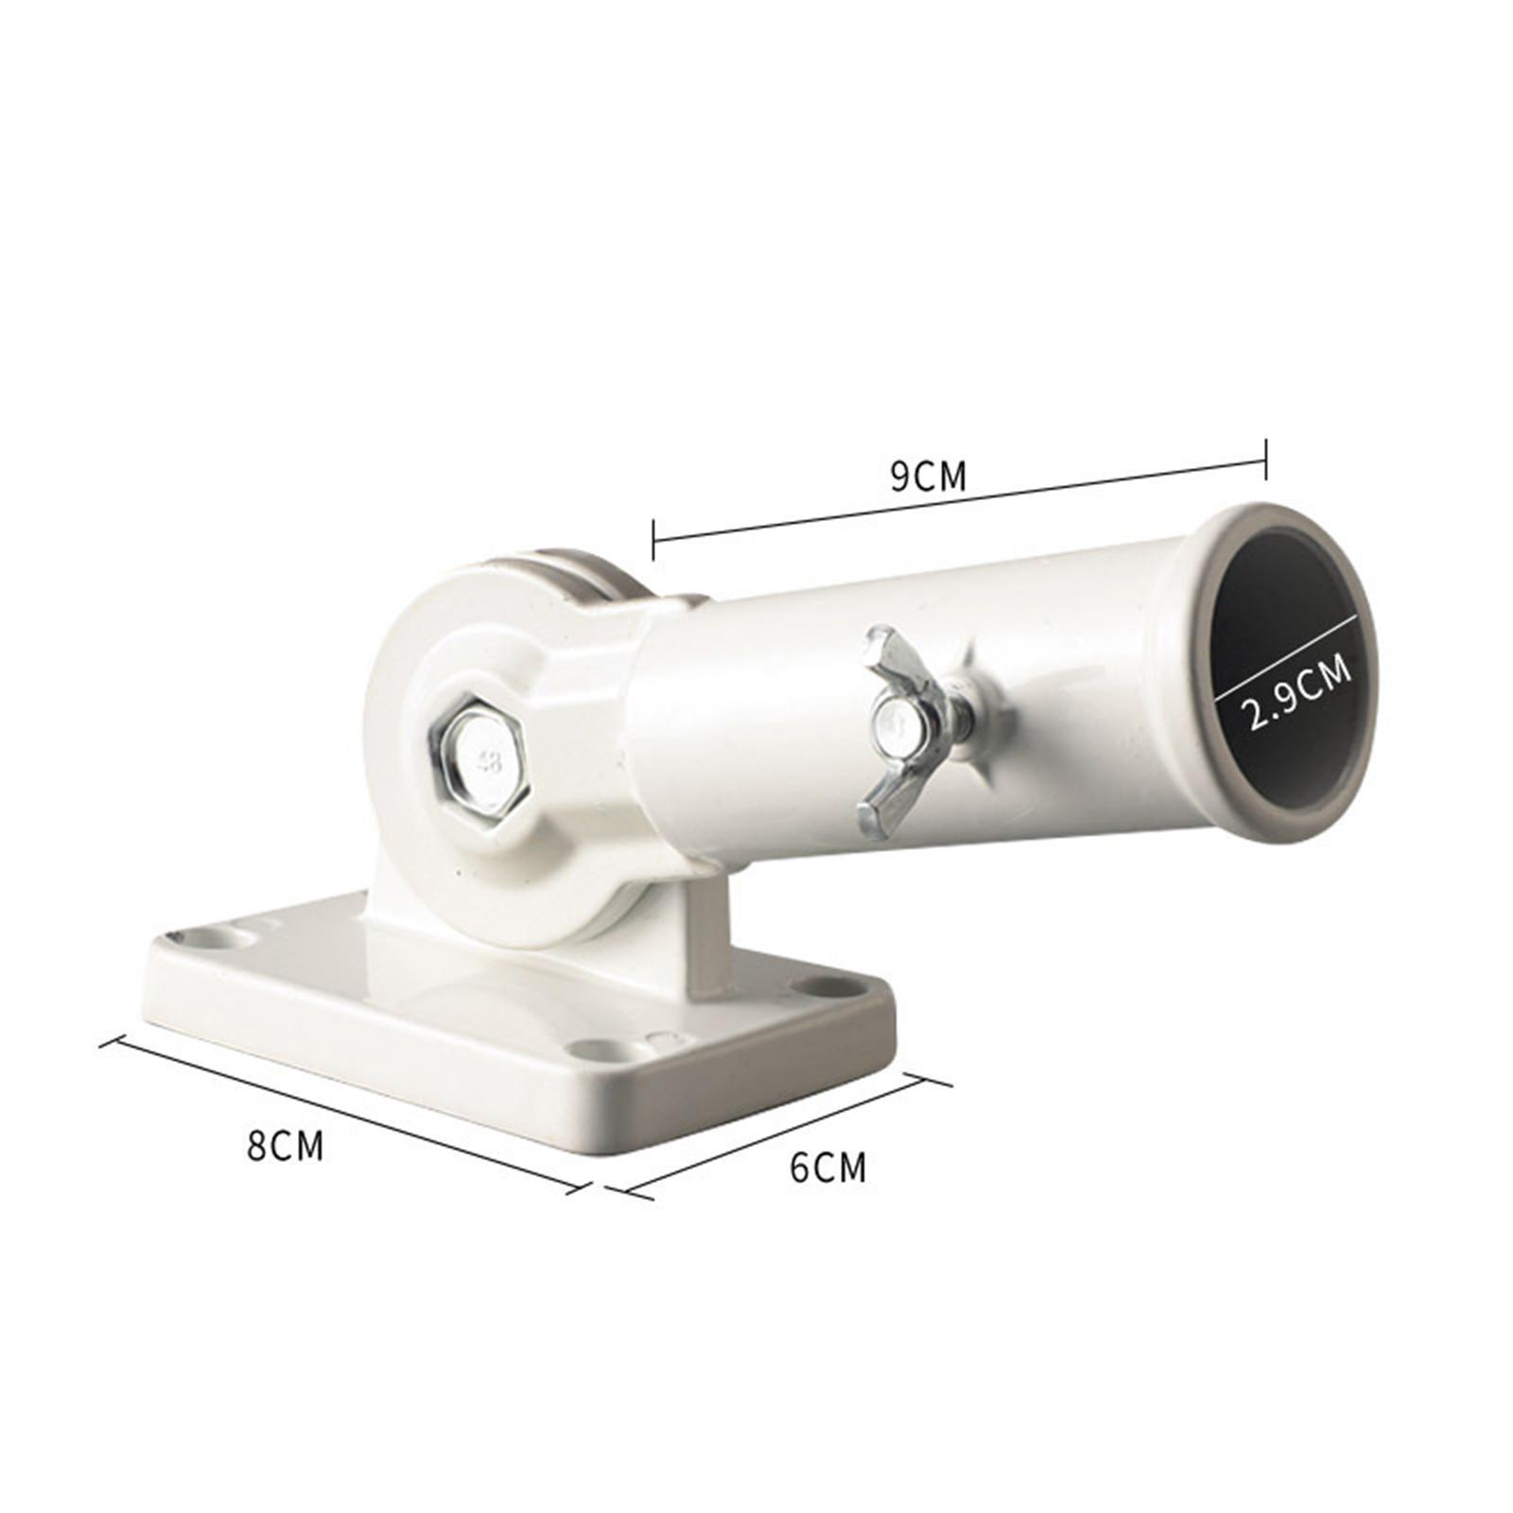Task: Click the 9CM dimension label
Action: click(928, 477)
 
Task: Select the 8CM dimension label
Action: click(285, 1145)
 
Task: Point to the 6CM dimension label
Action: click(827, 1167)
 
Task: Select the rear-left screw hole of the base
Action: click(212, 938)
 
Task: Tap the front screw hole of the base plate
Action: click(598, 1049)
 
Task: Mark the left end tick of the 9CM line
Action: click(653, 539)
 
